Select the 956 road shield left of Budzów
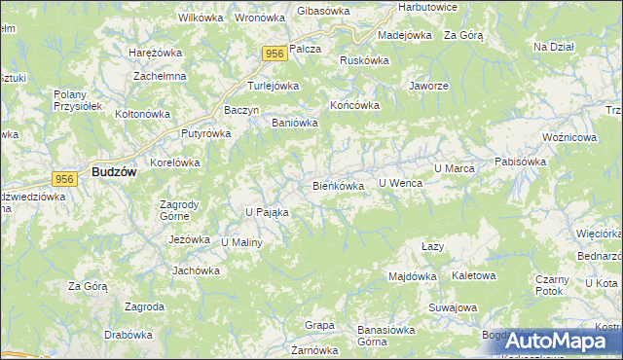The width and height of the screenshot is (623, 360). click(x=65, y=178)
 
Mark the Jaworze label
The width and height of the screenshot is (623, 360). click(x=429, y=86)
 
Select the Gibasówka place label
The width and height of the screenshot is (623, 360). click(x=322, y=10)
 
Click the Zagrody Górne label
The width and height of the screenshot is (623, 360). click(x=179, y=210)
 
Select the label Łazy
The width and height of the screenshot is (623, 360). click(x=433, y=247)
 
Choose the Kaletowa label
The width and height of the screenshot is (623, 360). click(x=474, y=275)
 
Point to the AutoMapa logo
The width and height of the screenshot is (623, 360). click(x=551, y=341)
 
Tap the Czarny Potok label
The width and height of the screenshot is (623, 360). click(x=551, y=285)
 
